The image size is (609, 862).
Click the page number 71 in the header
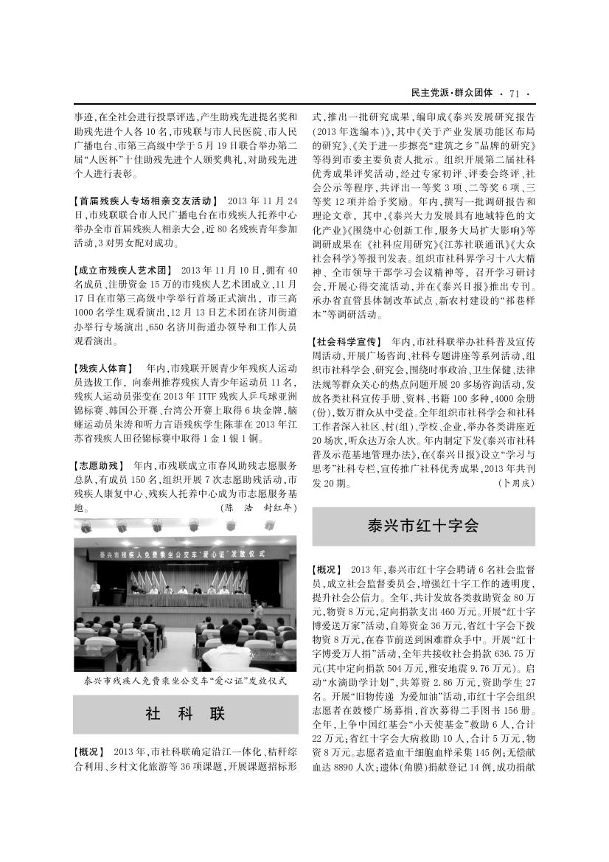coord(515,93)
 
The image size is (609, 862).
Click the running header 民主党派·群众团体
coord(452,93)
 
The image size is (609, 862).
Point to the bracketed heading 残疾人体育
coord(104,367)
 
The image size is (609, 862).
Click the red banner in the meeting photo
coord(185,554)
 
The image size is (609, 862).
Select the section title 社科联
coord(185,714)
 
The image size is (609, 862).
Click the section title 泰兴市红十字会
coord(423,526)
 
